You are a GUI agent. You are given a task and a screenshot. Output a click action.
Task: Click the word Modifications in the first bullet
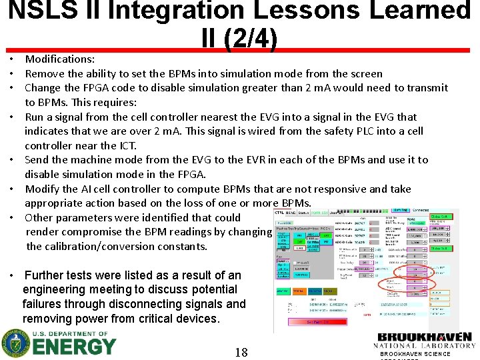tap(59, 59)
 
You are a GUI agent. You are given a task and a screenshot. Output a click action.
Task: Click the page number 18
tap(241, 351)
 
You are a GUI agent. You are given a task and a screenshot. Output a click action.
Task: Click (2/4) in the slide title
tap(251, 40)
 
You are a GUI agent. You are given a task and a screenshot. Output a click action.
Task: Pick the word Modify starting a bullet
tap(42, 189)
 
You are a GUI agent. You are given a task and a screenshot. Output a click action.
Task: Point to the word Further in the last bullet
tap(48, 275)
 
